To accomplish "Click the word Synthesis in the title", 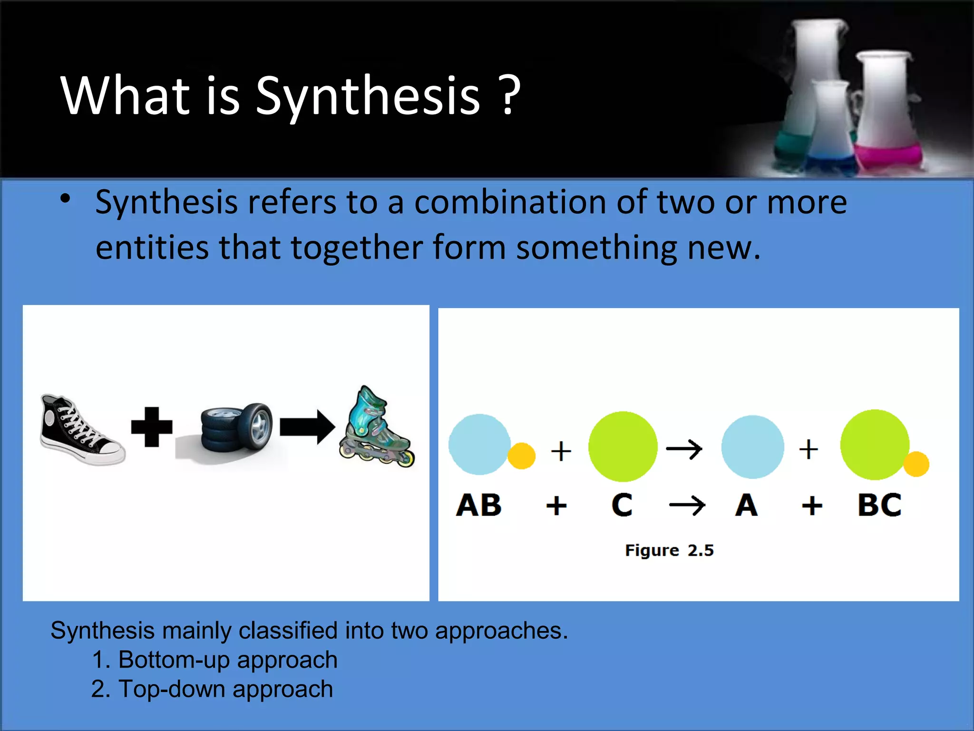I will pyautogui.click(x=368, y=97).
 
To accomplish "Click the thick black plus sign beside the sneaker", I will pyautogui.click(x=152, y=427).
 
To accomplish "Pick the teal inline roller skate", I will pyautogui.click(x=375, y=428).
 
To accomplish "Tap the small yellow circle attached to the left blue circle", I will pyautogui.click(x=521, y=456).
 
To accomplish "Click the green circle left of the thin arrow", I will pyautogui.click(x=623, y=446).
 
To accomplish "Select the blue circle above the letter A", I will pyautogui.click(x=752, y=446).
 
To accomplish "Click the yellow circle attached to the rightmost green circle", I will pyautogui.click(x=916, y=464).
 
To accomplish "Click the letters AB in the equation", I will pyautogui.click(x=478, y=505).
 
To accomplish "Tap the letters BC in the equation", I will pyautogui.click(x=879, y=505).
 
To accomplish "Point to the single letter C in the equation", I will pyautogui.click(x=622, y=505).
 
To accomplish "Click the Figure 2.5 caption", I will pyautogui.click(x=669, y=551).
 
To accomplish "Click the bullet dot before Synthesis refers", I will pyautogui.click(x=66, y=199).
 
